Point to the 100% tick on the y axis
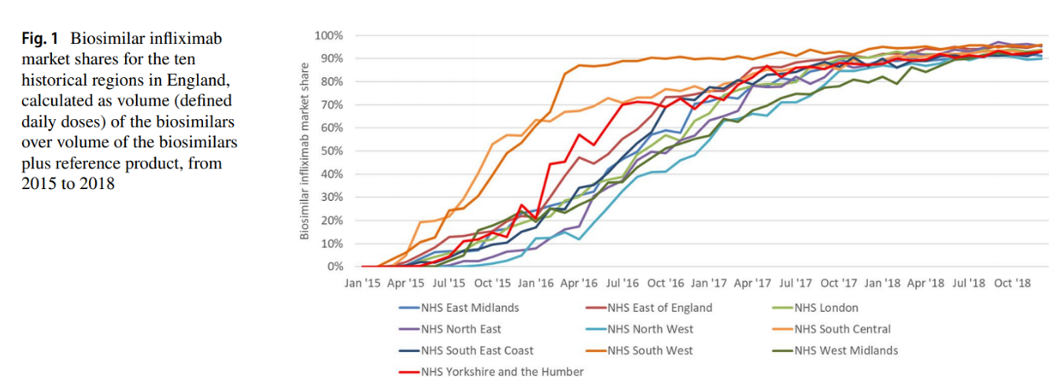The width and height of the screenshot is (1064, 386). coord(328,35)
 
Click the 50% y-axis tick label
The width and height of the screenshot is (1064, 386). coord(331,151)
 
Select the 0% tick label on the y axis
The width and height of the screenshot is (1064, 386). coord(334,267)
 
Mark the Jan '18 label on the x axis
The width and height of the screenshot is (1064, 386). coord(882,282)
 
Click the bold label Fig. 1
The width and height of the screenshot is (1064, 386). coord(40,39)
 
